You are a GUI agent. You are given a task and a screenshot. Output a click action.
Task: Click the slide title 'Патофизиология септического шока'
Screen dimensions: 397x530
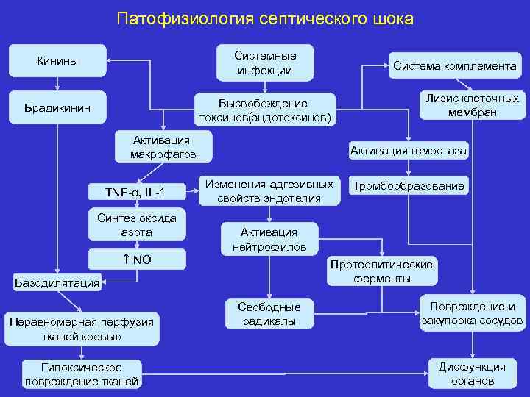(x=265, y=18)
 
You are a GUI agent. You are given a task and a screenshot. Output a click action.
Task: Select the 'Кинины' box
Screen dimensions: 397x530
(x=57, y=60)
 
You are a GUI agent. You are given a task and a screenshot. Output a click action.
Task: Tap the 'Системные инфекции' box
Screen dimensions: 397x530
(x=264, y=63)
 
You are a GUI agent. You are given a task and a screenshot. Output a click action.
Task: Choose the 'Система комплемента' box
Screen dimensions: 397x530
(x=454, y=65)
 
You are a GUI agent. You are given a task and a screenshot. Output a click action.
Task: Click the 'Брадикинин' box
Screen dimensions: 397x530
(x=57, y=107)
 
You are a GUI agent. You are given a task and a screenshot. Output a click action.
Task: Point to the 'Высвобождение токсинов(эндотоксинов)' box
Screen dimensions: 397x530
(x=264, y=110)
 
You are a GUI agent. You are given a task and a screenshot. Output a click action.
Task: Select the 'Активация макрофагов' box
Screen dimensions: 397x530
(x=163, y=147)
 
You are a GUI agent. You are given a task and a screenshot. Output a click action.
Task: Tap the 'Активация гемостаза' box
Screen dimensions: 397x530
(x=409, y=151)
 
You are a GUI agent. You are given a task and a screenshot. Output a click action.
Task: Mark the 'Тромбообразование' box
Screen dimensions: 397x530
(x=409, y=186)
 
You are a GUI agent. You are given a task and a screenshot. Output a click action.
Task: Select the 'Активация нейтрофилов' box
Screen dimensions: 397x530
(x=269, y=240)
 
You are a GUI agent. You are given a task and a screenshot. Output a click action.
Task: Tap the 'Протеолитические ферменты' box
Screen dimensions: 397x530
(x=382, y=271)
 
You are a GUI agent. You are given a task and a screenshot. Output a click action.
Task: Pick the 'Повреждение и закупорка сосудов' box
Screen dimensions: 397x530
(x=472, y=313)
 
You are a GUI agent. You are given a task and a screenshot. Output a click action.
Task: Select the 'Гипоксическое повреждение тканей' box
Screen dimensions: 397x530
(x=82, y=373)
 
